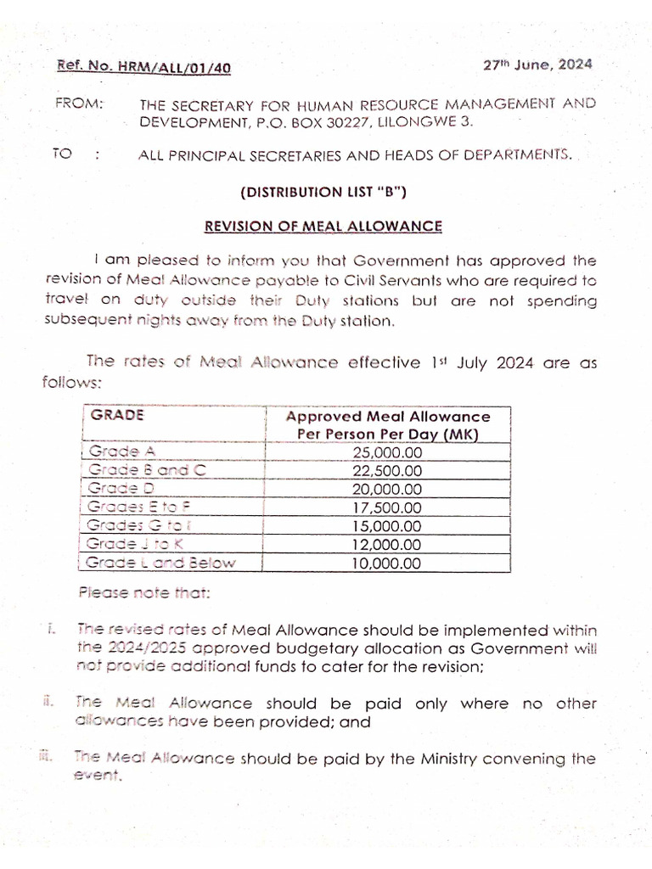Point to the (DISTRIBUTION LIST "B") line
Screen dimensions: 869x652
tap(323, 192)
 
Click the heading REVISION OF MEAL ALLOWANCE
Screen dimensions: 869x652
tap(323, 226)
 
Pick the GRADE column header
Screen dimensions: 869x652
tap(117, 416)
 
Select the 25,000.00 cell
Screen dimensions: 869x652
tap(387, 452)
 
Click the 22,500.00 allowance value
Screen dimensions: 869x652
tap(387, 471)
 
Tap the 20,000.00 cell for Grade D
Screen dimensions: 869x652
tap(387, 490)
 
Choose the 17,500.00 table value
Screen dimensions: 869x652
tap(387, 507)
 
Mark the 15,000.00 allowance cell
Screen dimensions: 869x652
tap(387, 526)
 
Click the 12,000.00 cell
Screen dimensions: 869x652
tap(387, 545)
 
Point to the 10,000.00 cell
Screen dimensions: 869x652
tap(387, 563)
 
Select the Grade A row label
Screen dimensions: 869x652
tap(120, 452)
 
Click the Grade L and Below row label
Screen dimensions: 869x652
tap(162, 563)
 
